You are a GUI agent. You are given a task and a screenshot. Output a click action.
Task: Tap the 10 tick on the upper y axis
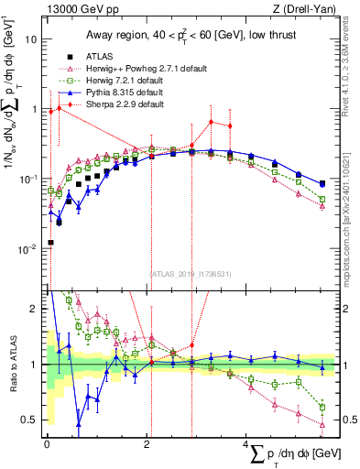[30, 40]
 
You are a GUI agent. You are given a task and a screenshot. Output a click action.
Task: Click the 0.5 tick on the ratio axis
[29, 420]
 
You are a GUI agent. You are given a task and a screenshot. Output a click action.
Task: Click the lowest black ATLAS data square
[49, 243]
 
